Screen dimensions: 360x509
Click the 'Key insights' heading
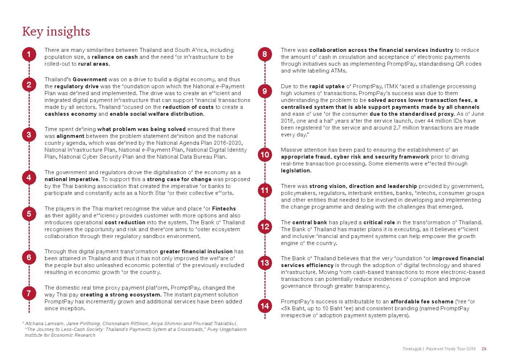56,32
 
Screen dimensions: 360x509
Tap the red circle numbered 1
29,54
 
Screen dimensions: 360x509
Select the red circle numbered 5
29,214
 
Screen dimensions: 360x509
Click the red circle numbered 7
29,293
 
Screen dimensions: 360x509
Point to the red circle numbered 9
265,91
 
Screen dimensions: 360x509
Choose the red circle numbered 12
265,227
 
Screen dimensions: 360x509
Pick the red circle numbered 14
265,306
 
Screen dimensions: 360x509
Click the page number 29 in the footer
484,349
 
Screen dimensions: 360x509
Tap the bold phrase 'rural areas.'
94,64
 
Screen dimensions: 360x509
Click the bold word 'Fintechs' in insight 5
224,209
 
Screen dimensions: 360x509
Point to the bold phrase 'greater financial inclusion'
196,251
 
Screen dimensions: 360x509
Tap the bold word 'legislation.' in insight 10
296,171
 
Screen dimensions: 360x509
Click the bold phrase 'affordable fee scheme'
422,302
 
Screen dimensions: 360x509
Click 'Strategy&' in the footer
412,349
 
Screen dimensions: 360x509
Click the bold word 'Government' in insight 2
90,79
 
